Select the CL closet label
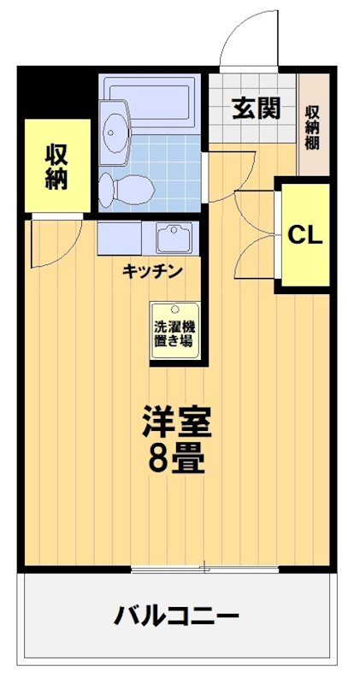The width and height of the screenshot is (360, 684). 305,236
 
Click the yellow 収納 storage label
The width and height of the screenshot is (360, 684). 56,167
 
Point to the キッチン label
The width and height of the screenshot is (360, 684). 151,272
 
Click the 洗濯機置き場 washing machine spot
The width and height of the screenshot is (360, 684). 174,333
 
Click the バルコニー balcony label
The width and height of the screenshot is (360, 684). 176,615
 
